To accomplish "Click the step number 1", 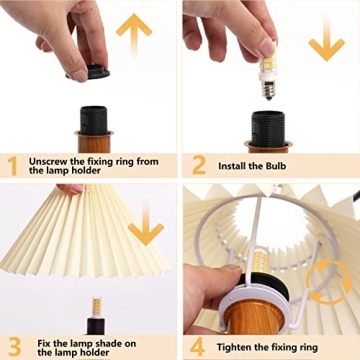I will tap(13, 164).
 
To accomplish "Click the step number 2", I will tap(197, 164).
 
